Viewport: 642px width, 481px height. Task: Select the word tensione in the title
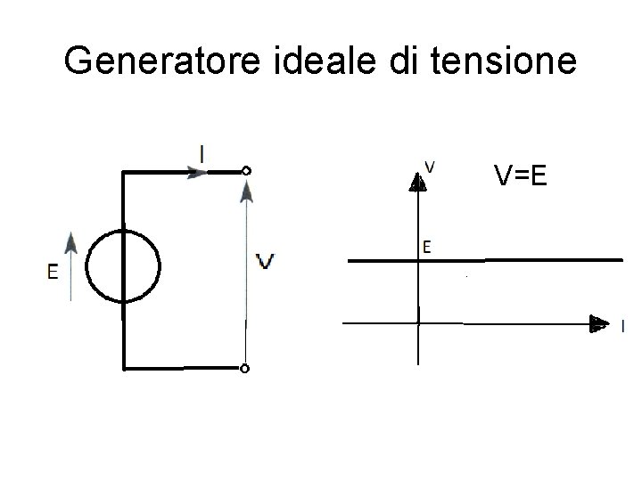click(490, 61)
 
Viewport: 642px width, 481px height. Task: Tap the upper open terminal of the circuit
click(246, 170)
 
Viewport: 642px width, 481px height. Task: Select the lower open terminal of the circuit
click(245, 368)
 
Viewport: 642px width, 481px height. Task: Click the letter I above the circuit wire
click(204, 153)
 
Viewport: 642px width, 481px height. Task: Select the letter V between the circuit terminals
click(265, 261)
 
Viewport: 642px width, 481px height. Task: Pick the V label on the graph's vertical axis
click(431, 166)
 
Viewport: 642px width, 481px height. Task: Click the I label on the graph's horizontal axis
click(622, 327)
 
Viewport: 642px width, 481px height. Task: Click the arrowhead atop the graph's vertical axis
click(417, 182)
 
